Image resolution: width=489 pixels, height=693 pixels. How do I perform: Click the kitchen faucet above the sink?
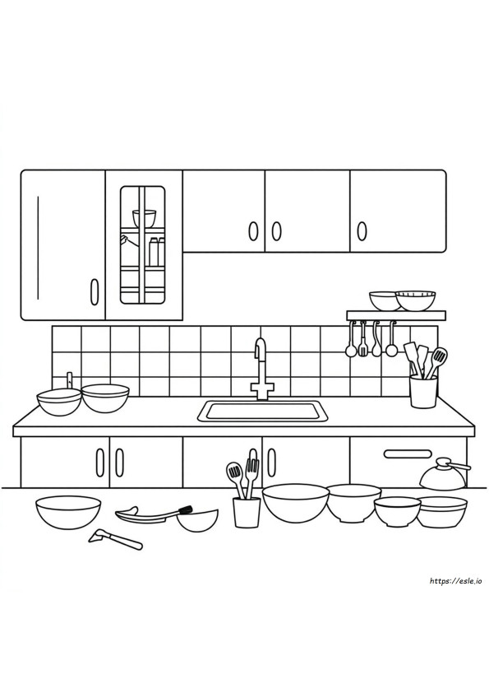pyautogui.click(x=261, y=371)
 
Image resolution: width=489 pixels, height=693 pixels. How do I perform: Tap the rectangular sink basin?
pyautogui.click(x=263, y=411)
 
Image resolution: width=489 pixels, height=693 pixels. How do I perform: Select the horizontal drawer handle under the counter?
pyautogui.click(x=408, y=453)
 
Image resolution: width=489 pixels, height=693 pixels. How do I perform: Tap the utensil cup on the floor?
pyautogui.click(x=247, y=512)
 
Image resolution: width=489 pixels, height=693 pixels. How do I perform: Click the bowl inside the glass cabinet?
pyautogui.click(x=144, y=218)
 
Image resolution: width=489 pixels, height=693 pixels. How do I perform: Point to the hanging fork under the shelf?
pyautogui.click(x=362, y=339)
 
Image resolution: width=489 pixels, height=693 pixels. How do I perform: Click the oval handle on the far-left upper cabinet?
pyautogui.click(x=94, y=291)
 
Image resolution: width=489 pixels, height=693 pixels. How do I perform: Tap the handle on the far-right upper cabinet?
pyautogui.click(x=362, y=230)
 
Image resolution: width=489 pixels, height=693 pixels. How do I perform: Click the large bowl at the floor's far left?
pyautogui.click(x=68, y=513)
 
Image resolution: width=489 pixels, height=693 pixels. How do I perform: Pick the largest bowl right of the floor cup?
pyautogui.click(x=295, y=504)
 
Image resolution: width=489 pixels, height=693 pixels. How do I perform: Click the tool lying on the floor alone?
pyautogui.click(x=116, y=539)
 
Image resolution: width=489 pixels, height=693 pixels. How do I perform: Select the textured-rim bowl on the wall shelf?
pyautogui.click(x=415, y=300)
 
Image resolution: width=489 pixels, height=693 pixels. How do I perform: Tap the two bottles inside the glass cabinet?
pyautogui.click(x=157, y=251)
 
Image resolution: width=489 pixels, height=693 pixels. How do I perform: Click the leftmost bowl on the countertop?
pyautogui.click(x=59, y=402)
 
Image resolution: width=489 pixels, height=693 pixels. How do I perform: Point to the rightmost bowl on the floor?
pyautogui.click(x=442, y=512)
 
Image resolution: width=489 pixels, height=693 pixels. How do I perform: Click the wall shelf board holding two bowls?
pyautogui.click(x=396, y=315)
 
